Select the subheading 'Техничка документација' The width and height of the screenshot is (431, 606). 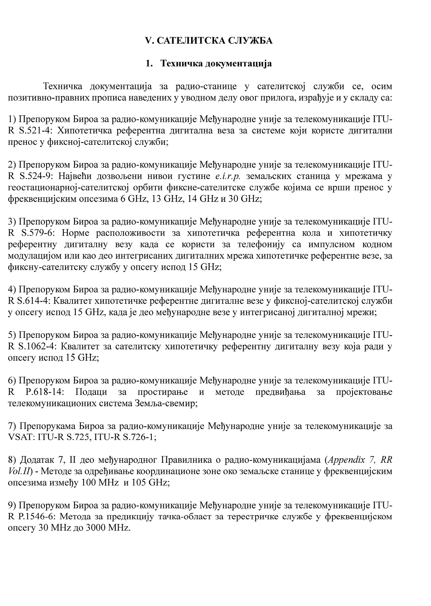pos(216,64)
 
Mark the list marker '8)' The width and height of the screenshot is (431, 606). pos(11,460)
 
